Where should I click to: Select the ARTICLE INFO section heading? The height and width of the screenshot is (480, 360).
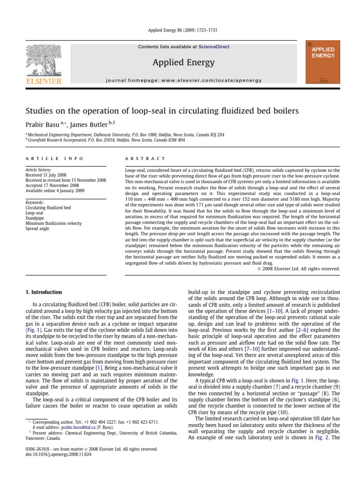[x=54, y=159]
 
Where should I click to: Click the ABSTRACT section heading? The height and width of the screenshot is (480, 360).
[x=145, y=159]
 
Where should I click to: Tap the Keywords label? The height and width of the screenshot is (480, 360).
[x=35, y=202]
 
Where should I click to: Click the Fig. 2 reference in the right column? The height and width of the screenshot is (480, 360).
[x=322, y=437]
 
